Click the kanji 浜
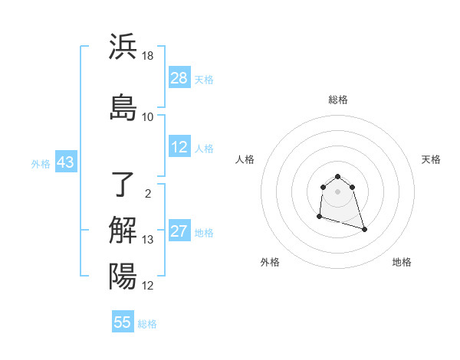pyautogui.click(x=123, y=47)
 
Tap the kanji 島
pyautogui.click(x=123, y=107)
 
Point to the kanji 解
pyautogui.click(x=123, y=231)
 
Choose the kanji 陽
pyautogui.click(x=123, y=276)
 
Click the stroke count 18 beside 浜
pyautogui.click(x=148, y=56)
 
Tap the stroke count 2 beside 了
pyautogui.click(x=148, y=194)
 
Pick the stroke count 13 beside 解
pyautogui.click(x=148, y=240)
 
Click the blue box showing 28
pyautogui.click(x=179, y=78)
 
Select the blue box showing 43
pyautogui.click(x=65, y=162)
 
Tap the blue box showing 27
pyautogui.click(x=179, y=231)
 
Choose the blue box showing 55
pyautogui.click(x=123, y=322)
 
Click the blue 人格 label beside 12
pyautogui.click(x=204, y=149)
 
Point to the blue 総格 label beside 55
pyautogui.click(x=147, y=324)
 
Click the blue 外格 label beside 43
pyautogui.click(x=41, y=163)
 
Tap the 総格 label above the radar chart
pyautogui.click(x=338, y=100)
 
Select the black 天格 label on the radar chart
pyautogui.click(x=431, y=159)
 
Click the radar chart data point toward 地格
pyautogui.click(x=364, y=229)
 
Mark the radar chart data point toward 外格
pyautogui.click(x=319, y=218)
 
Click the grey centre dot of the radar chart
pyautogui.click(x=338, y=191)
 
